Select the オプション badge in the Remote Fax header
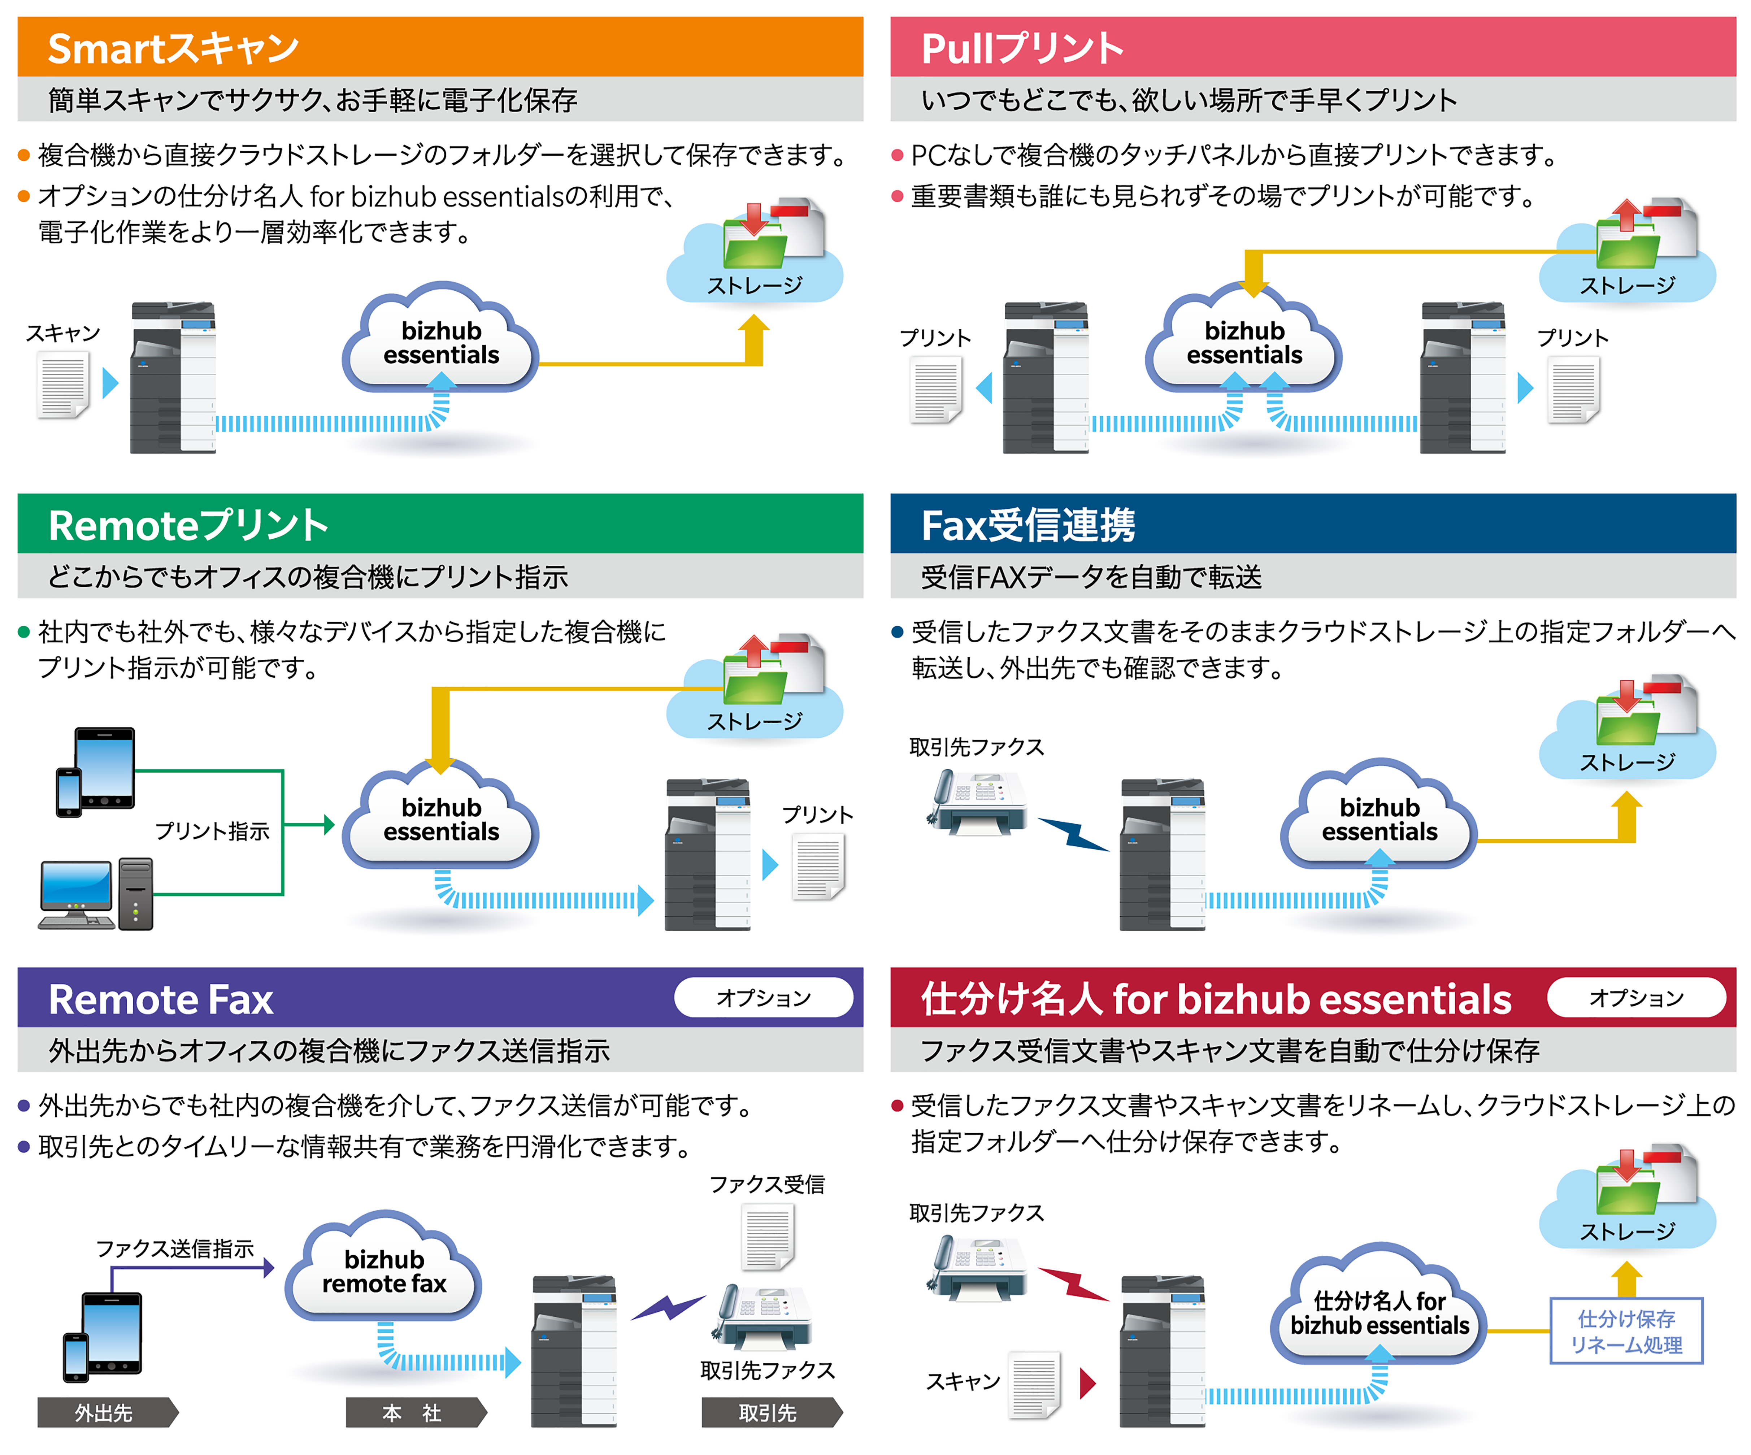point(763,997)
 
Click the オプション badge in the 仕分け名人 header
point(1636,997)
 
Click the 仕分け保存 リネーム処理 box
point(1626,1331)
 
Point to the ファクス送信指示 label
point(175,1248)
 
